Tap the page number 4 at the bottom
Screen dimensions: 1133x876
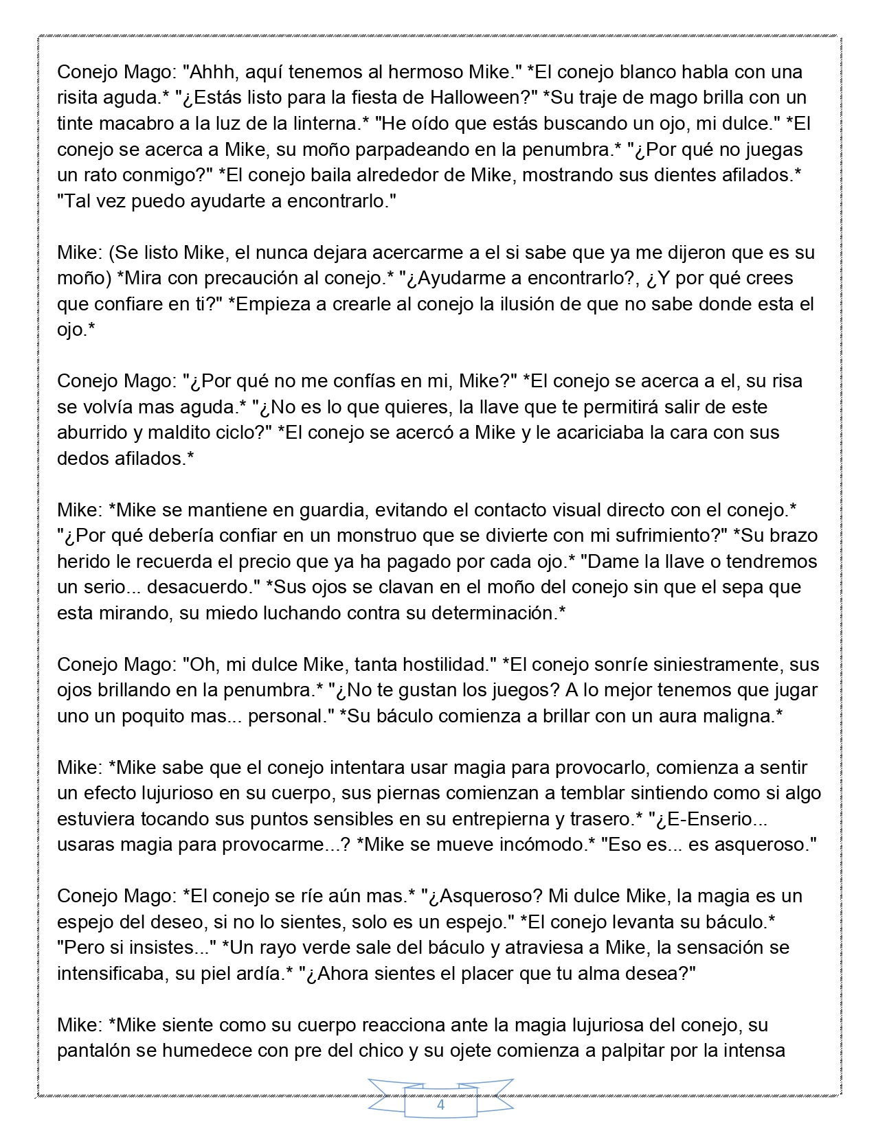coord(440,1106)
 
